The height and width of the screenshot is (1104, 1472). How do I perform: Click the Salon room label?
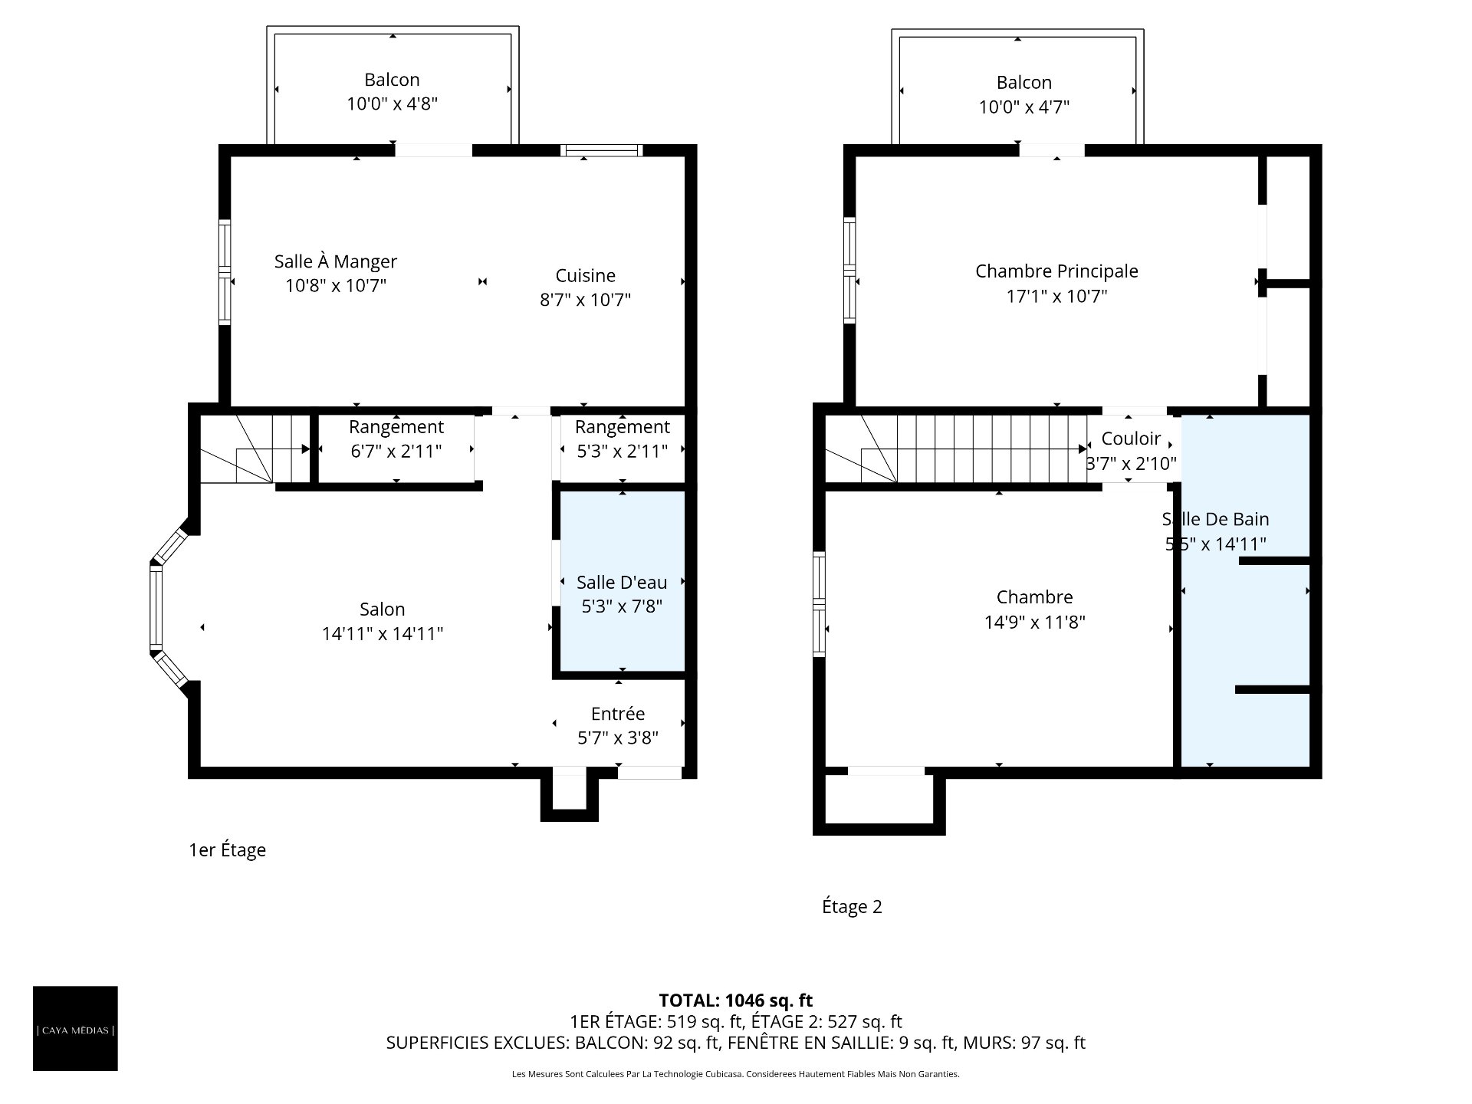(382, 609)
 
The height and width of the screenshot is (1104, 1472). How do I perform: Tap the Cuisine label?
(585, 275)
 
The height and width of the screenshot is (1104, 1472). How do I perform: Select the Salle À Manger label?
(336, 261)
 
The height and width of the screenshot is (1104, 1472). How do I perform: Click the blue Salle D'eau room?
(622, 583)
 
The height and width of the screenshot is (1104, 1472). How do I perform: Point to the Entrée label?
(618, 714)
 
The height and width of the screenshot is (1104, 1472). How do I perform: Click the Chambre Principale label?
(1056, 271)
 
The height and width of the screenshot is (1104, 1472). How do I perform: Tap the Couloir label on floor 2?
(1131, 439)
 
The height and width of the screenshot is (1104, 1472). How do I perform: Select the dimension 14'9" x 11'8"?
(1034, 622)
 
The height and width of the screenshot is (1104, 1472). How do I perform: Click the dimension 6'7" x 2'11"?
(396, 452)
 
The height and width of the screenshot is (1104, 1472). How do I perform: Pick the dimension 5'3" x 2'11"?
(622, 452)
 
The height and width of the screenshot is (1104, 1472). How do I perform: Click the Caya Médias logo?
(75, 1028)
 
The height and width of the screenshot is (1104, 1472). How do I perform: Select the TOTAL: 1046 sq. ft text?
(735, 1001)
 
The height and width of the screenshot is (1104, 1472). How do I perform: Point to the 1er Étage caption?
(227, 850)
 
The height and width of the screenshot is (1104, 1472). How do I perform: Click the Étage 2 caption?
(852, 907)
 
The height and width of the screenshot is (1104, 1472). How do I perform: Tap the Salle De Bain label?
(1215, 519)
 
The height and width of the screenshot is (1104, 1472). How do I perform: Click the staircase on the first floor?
(255, 449)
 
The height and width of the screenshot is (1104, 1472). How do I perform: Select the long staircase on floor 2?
(956, 449)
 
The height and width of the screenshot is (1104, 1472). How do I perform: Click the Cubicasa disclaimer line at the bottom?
(735, 1074)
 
